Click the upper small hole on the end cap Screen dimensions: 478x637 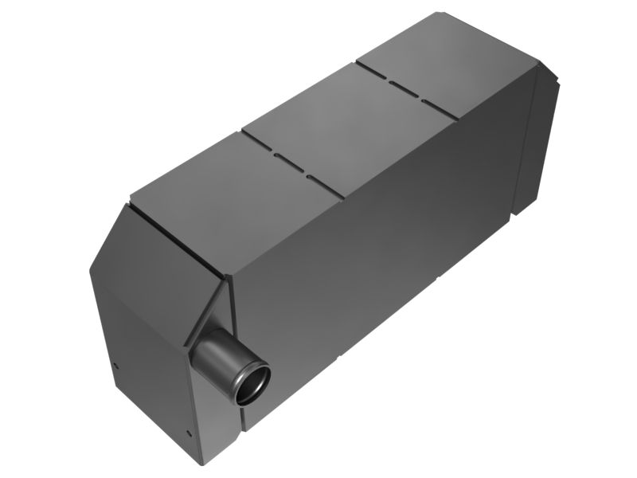116,366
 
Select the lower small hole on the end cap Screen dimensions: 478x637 189,434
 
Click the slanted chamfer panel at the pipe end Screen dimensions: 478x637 159,239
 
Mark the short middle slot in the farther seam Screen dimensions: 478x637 405,92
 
